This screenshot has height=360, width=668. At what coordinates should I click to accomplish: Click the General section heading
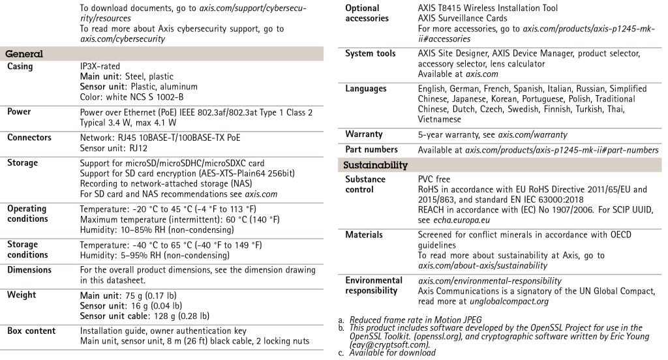coord(24,54)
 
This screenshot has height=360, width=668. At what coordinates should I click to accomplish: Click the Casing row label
coord(20,67)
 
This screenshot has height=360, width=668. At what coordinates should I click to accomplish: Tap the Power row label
coord(19,112)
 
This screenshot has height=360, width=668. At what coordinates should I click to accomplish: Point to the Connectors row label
coord(29,138)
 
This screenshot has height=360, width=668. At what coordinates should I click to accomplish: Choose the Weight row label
coord(21,295)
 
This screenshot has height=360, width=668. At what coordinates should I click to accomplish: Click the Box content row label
coord(31,331)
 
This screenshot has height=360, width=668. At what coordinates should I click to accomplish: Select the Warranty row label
coord(363,134)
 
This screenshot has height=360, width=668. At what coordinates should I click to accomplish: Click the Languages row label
coord(365,89)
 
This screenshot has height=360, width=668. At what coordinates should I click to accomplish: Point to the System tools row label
coord(370,53)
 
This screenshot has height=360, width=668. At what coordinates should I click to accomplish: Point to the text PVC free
coord(434,179)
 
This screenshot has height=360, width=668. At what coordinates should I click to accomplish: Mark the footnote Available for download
coord(392,353)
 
